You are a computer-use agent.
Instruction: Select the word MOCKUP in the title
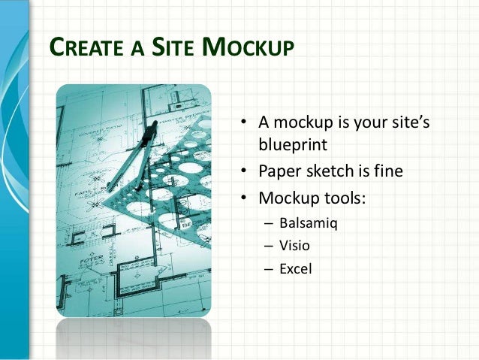(x=249, y=48)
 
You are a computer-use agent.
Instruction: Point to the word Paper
(x=280, y=172)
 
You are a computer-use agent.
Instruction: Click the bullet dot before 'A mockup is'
(x=244, y=123)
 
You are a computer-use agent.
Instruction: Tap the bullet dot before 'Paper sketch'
(x=244, y=172)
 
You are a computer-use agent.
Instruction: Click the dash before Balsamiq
(x=267, y=223)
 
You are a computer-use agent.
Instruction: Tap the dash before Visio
(x=267, y=245)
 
